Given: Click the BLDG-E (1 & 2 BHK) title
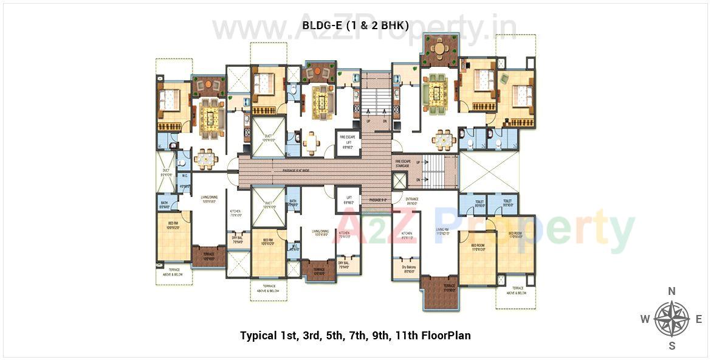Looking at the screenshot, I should [x=355, y=25].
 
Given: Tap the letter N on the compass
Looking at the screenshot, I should [x=672, y=291].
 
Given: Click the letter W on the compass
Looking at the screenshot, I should [x=645, y=319].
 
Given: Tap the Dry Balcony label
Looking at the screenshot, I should [x=407, y=268].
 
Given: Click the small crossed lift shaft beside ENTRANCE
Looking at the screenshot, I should [x=399, y=181].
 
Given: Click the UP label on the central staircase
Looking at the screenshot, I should [x=368, y=121].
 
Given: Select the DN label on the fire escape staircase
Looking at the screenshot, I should [x=418, y=180].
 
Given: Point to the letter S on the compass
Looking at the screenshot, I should [x=672, y=346].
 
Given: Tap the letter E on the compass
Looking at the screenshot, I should [x=698, y=319].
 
